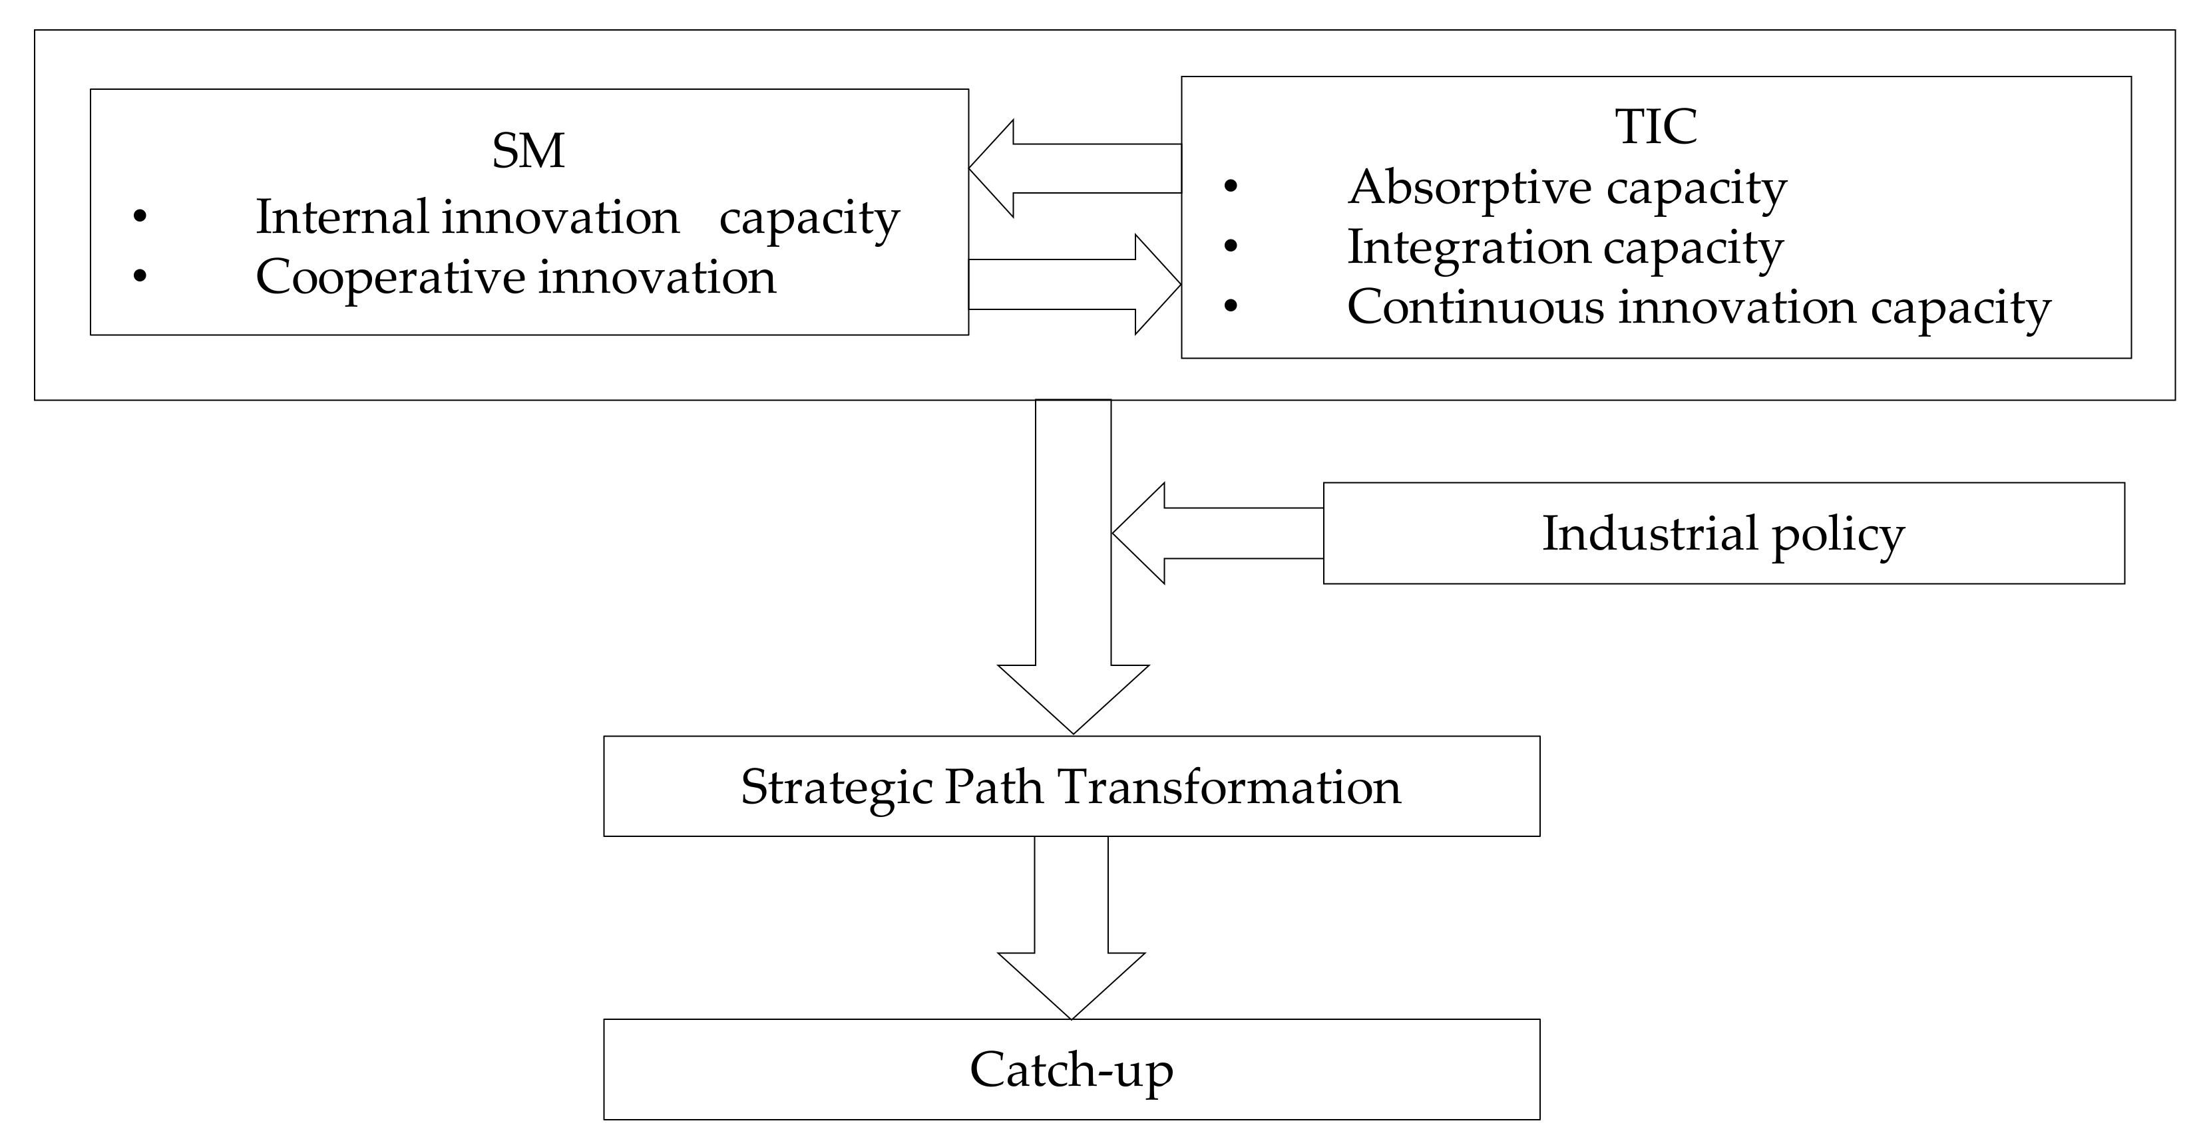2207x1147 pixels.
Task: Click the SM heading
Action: click(528, 152)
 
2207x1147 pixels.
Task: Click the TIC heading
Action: click(1655, 127)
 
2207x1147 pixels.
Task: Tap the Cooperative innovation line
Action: click(515, 277)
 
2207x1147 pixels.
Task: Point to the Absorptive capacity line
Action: click(1567, 187)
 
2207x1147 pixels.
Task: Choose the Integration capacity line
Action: click(1565, 247)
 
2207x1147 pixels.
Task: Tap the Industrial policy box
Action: click(1723, 533)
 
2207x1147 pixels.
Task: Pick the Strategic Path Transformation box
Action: click(1071, 786)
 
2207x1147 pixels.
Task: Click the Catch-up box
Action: click(1071, 1069)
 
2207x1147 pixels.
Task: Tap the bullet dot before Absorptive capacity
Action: click(1231, 187)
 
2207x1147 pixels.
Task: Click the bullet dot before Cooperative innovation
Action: click(140, 276)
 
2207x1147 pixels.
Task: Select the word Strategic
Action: click(836, 787)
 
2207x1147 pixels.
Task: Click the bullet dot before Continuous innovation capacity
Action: click(1231, 306)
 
